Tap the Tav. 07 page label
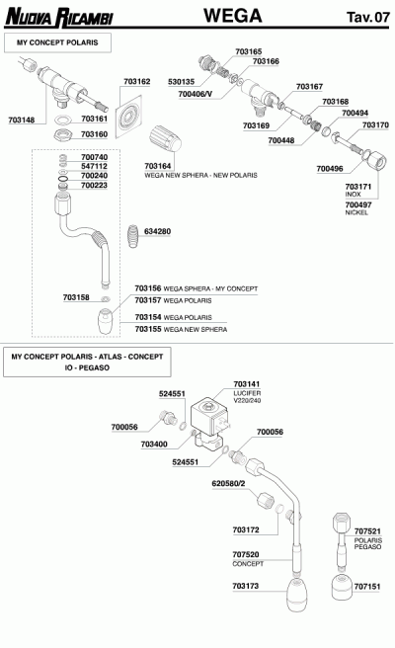366,17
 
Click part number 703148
21,120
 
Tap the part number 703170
375,125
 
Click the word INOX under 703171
353,195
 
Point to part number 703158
76,296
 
